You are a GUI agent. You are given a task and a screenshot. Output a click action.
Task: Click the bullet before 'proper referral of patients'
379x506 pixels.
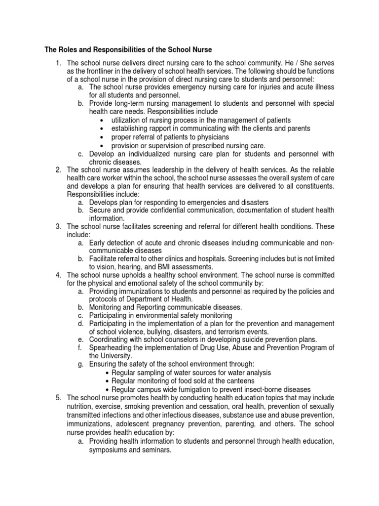[x=101, y=137]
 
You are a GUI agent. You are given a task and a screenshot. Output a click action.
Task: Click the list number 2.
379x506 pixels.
[x=58, y=170]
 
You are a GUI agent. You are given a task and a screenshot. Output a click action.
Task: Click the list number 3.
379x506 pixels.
[x=58, y=226]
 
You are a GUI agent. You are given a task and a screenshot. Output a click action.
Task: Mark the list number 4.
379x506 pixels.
[x=58, y=275]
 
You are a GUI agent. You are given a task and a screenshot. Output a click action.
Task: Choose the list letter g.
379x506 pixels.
[x=80, y=364]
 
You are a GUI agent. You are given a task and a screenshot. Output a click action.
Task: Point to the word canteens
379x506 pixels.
[x=239, y=380]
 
